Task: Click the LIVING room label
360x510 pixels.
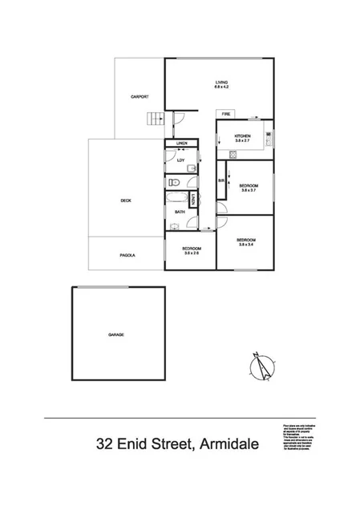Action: (221, 83)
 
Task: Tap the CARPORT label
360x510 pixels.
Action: (140, 97)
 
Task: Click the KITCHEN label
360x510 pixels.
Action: (243, 136)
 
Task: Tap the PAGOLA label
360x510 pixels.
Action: (127, 255)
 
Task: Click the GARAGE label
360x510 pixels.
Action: (116, 334)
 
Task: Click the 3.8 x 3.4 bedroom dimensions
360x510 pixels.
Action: (246, 245)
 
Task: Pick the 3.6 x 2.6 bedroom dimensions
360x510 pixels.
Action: (191, 253)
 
